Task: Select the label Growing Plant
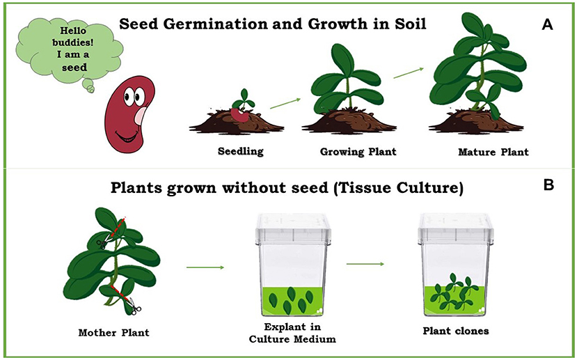click(349, 151)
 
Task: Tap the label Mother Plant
click(111, 332)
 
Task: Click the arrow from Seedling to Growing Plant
click(285, 103)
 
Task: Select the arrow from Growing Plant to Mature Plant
click(409, 72)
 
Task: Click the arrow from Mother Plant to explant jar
click(205, 268)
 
